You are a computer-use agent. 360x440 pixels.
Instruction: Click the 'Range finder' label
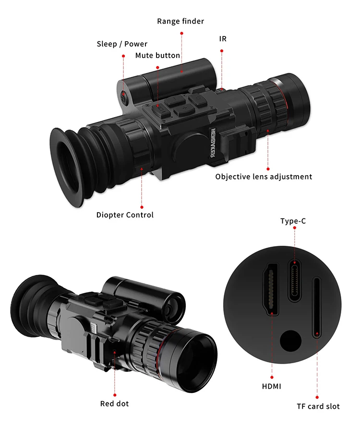pos(180,21)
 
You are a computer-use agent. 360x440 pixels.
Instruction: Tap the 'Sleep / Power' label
pos(122,44)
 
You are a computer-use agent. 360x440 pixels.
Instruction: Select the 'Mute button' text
pos(157,56)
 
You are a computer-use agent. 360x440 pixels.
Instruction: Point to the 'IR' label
pos(223,38)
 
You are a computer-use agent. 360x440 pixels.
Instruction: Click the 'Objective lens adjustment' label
pos(264,177)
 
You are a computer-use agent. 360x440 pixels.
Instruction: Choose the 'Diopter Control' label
pos(125,215)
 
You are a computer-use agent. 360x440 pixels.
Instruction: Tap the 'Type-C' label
pos(293,221)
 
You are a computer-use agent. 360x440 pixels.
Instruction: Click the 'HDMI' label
pos(272,386)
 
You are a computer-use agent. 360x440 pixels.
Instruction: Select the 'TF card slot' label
pos(318,406)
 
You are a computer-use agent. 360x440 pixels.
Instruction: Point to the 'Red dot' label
pos(114,404)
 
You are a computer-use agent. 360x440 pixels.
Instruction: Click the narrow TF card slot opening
pos(317,308)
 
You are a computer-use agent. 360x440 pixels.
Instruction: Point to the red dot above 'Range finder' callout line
pos(182,33)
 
